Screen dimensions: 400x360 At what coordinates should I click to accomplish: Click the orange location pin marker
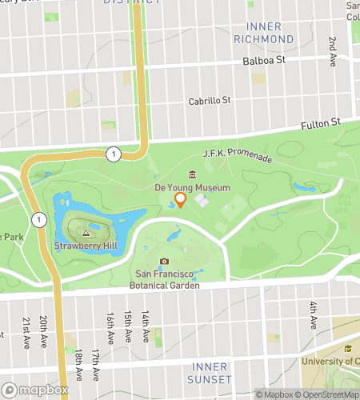point(181,200)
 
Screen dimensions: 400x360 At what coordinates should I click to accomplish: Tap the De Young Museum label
point(192,187)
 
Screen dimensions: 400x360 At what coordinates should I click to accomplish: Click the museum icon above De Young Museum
point(192,175)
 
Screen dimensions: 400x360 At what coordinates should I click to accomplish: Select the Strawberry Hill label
point(82,245)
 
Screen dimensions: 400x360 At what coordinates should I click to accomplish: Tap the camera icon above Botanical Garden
point(164,262)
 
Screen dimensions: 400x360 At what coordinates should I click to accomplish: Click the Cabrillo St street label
point(210,101)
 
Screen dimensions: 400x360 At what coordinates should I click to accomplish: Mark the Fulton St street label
point(321,122)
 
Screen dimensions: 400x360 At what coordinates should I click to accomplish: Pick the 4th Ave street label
point(313,311)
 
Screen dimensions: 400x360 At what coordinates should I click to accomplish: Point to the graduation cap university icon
point(348,348)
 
